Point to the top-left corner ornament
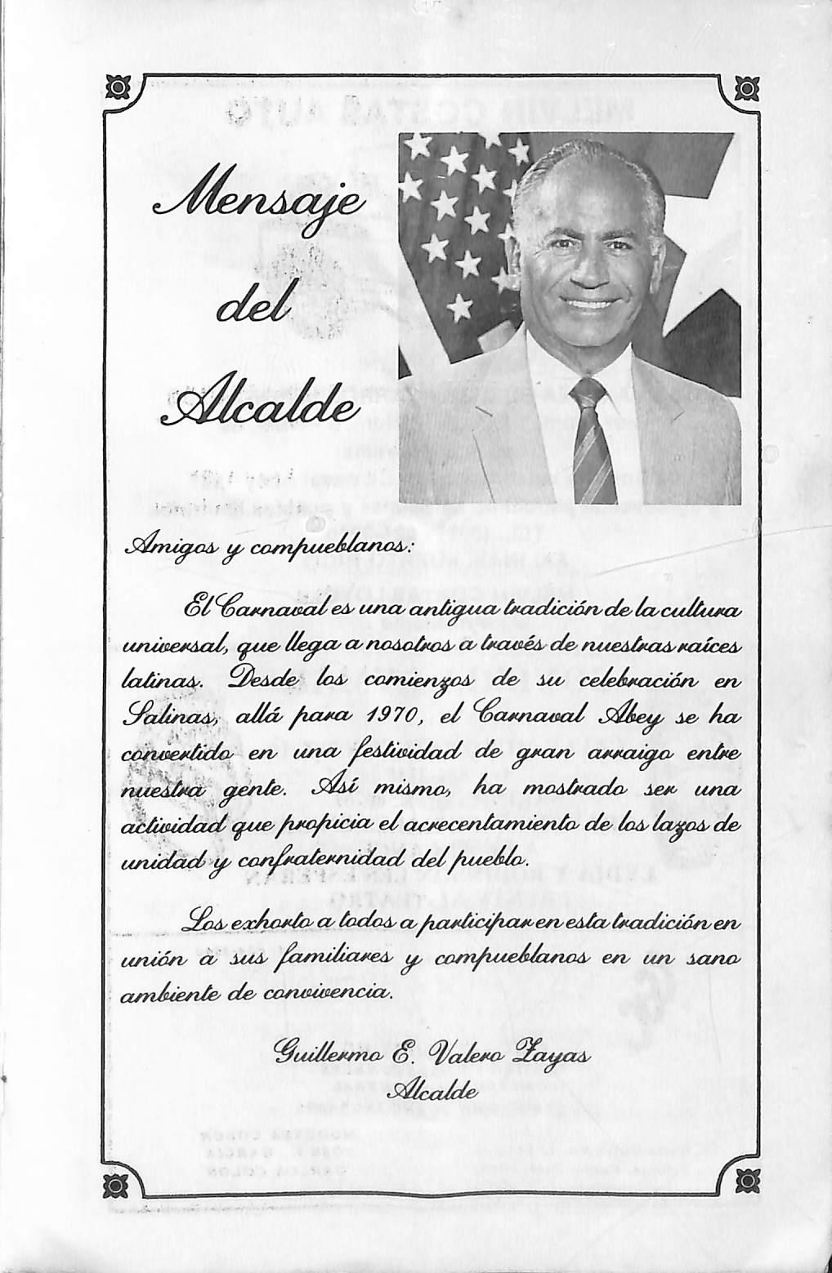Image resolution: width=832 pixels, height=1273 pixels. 120,87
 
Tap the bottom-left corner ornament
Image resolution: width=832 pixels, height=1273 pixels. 120,1182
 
